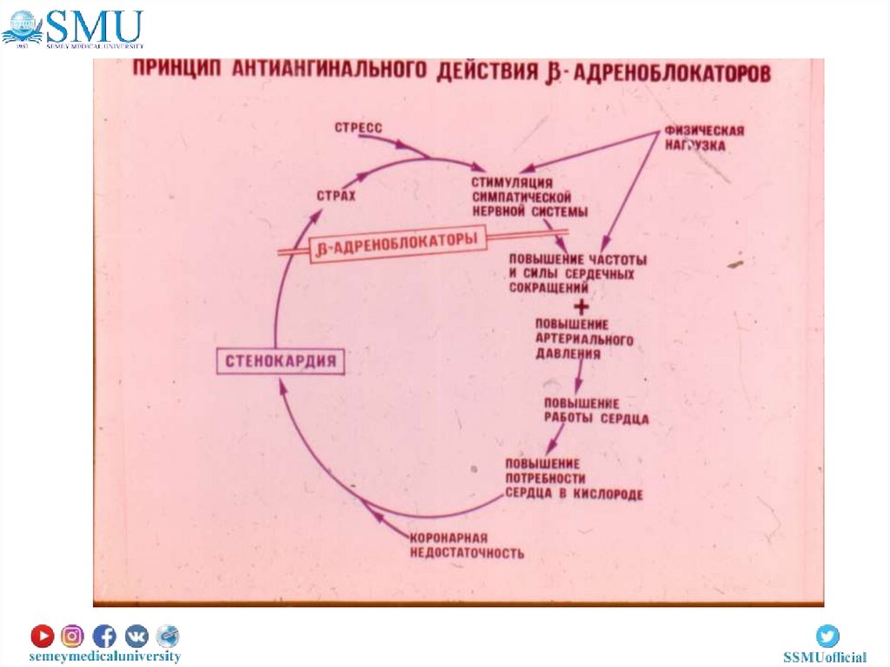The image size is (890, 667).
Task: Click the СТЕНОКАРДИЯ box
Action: pyautogui.click(x=279, y=360)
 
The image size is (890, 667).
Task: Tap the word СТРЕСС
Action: pyautogui.click(x=359, y=128)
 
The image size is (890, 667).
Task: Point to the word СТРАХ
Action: pyautogui.click(x=336, y=197)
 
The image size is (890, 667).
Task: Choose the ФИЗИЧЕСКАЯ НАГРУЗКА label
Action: pyautogui.click(x=704, y=138)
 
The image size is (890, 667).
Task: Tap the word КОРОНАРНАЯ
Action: pyautogui.click(x=448, y=537)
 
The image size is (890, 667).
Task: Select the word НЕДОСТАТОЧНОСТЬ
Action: pyautogui.click(x=467, y=553)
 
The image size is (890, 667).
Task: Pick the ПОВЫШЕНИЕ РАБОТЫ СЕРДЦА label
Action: pyautogui.click(x=596, y=411)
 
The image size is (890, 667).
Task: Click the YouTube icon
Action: pyautogui.click(x=42, y=636)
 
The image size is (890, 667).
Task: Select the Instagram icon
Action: pyautogui.click(x=72, y=636)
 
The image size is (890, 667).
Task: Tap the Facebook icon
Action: pyautogui.click(x=103, y=636)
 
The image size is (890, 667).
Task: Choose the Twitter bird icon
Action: pyautogui.click(x=827, y=636)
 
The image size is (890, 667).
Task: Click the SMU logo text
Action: pyautogui.click(x=95, y=25)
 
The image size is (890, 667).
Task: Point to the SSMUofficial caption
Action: pyautogui.click(x=825, y=657)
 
